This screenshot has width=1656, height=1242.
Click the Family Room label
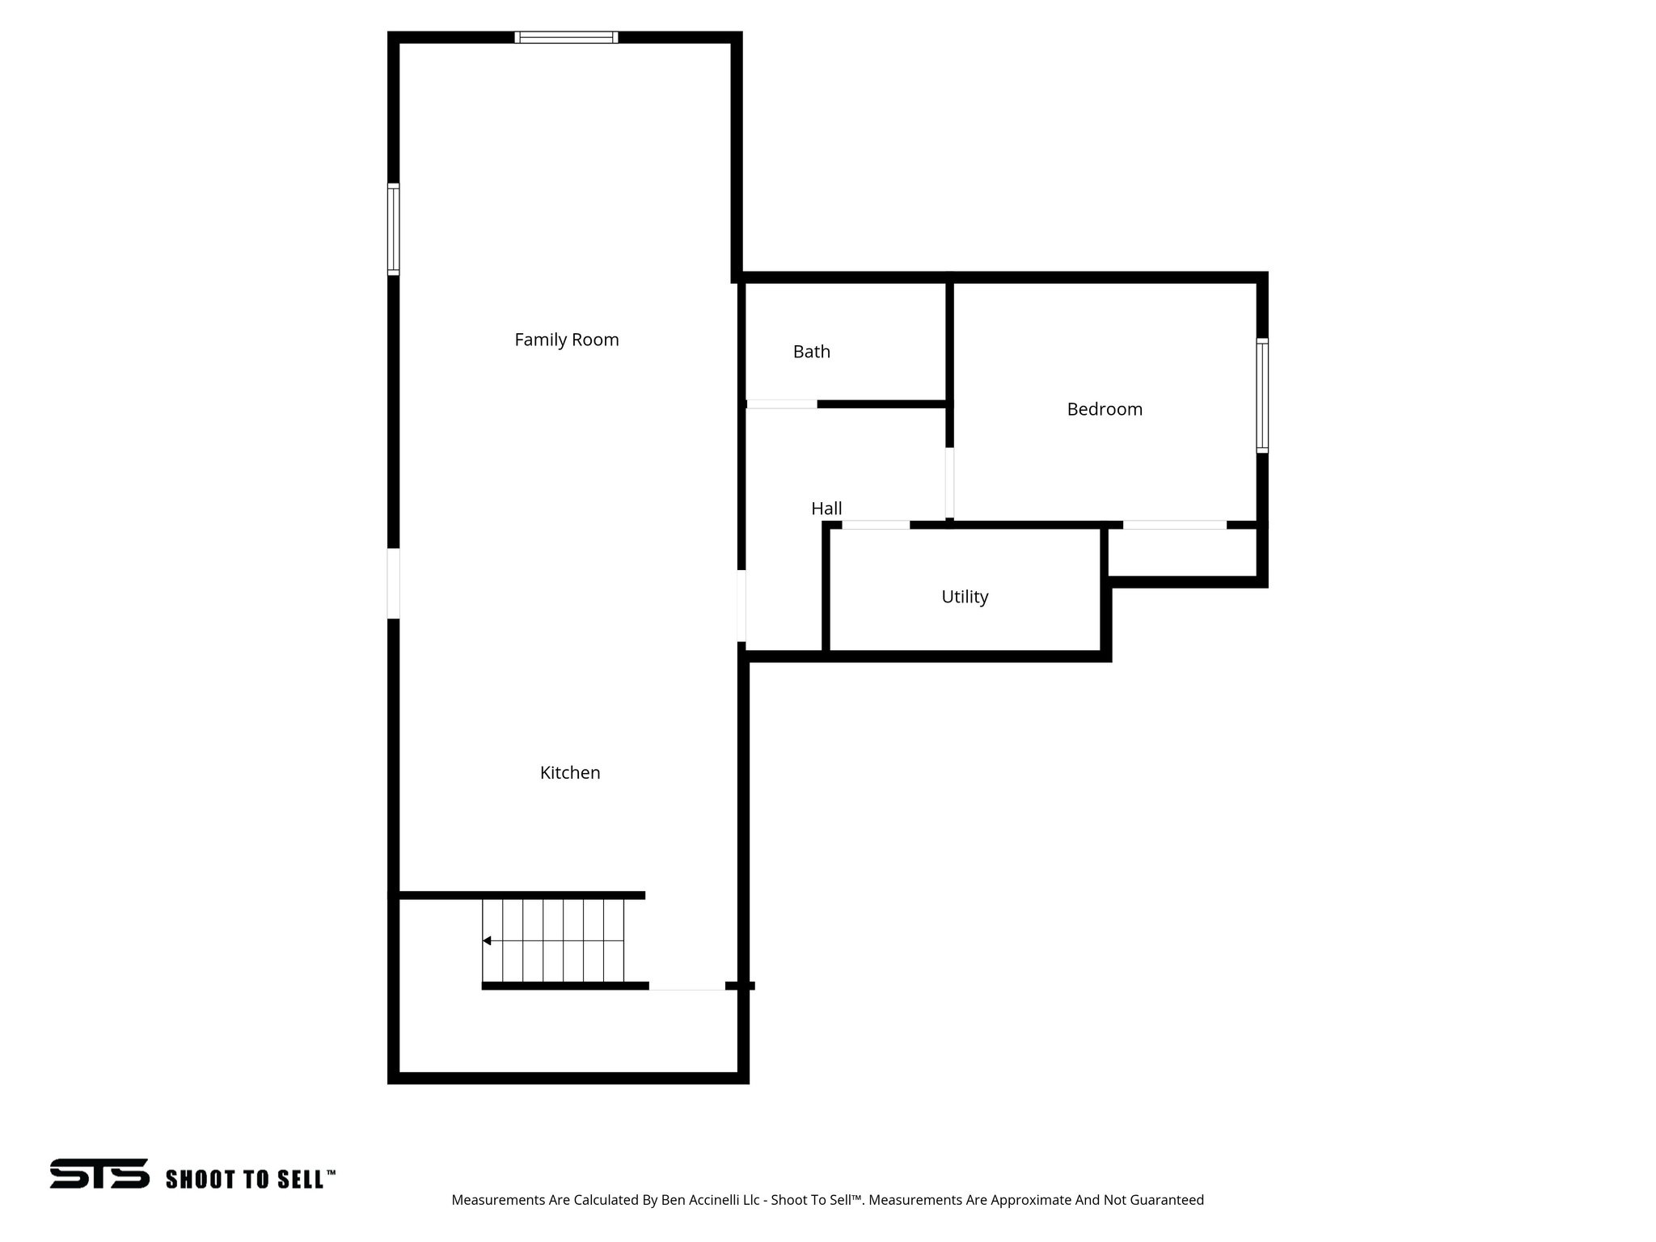[x=566, y=340]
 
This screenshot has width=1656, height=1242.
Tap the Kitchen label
[x=569, y=773]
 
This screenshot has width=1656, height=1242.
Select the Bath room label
[x=811, y=352]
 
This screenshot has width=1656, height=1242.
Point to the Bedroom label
[x=1104, y=409]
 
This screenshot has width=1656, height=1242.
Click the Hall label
[x=826, y=509]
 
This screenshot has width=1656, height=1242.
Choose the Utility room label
[x=964, y=597]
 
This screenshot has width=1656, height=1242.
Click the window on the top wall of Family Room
[x=566, y=37]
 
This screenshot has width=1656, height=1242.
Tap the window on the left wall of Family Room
[x=393, y=229]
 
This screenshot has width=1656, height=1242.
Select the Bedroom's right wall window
[x=1261, y=395]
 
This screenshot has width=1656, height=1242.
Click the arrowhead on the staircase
[x=487, y=940]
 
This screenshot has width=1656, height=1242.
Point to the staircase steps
[x=554, y=940]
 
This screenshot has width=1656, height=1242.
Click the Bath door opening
[x=781, y=403]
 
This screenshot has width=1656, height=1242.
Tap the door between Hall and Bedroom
[x=949, y=483]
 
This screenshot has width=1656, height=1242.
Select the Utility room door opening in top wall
[x=876, y=525]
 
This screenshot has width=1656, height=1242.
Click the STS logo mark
[x=99, y=1173]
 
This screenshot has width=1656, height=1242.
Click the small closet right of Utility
[x=1181, y=553]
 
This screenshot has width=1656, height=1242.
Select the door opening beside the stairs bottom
[x=686, y=986]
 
